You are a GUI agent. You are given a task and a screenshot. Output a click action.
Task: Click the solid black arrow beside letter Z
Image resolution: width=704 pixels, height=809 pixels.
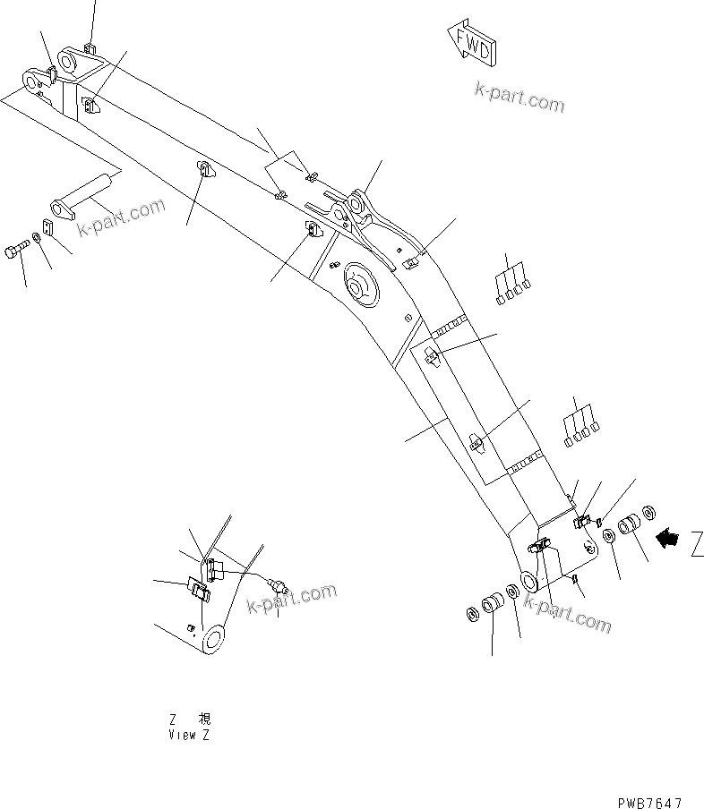click(668, 538)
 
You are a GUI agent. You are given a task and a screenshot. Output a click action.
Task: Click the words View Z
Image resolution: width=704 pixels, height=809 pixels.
click(189, 735)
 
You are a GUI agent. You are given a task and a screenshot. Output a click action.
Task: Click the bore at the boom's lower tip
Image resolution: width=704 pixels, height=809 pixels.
click(528, 582)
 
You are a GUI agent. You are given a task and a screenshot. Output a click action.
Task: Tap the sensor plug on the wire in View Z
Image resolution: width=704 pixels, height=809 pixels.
click(282, 585)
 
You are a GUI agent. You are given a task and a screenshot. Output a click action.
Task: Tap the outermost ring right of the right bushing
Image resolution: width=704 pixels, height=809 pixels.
click(649, 512)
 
